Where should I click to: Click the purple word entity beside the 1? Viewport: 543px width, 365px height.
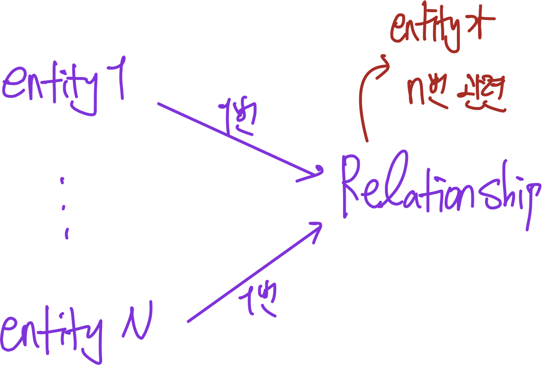pos(51,87)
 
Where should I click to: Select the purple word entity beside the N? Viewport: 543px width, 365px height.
pos(51,335)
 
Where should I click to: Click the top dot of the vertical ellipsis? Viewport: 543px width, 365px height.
pos(63,181)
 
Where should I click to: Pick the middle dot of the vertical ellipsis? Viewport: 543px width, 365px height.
pos(64,208)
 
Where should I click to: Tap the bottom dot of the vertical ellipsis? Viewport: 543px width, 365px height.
pos(66,233)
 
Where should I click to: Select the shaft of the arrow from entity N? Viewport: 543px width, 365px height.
pos(250,276)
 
